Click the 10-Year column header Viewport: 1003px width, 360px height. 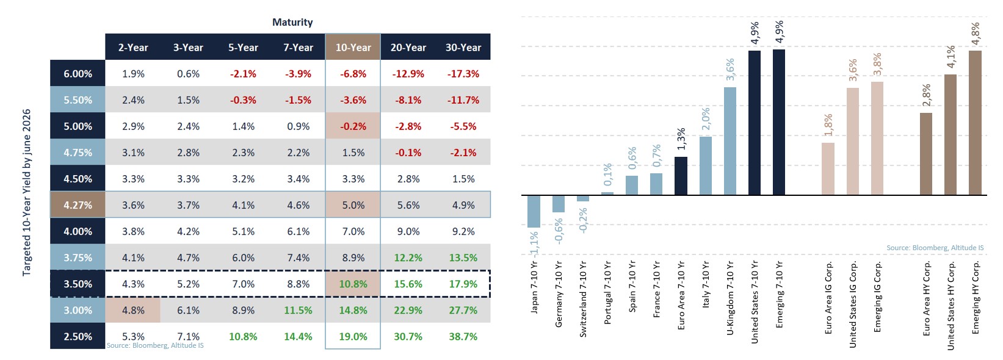353,47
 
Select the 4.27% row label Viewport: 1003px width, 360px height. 78,205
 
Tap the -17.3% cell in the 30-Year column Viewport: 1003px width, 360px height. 463,74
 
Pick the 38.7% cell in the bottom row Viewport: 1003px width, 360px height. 463,336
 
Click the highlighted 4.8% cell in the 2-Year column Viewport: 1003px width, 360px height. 133,310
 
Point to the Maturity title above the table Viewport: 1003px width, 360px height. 292,22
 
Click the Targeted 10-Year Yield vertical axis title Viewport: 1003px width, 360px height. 27,193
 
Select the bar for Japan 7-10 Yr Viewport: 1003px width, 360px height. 534,211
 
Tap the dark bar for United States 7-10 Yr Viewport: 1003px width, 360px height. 755,123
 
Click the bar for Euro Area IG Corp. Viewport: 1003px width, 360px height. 828,169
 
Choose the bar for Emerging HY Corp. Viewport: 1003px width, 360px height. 975,123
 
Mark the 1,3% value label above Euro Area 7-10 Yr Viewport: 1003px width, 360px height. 681,139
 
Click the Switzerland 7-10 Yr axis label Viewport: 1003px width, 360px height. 583,299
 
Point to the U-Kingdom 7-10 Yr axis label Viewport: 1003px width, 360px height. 730,298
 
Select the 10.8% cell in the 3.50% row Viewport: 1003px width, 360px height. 353,284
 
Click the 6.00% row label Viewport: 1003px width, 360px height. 78,74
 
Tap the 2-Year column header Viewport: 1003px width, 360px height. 133,47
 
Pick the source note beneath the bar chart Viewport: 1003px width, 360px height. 935,248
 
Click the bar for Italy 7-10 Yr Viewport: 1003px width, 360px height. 706,165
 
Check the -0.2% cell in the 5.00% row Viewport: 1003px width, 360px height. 353,126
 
